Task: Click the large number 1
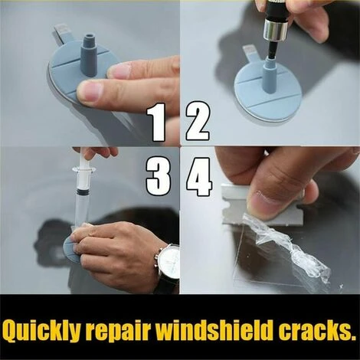point(158,123)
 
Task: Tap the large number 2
point(198,123)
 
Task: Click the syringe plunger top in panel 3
point(83,152)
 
